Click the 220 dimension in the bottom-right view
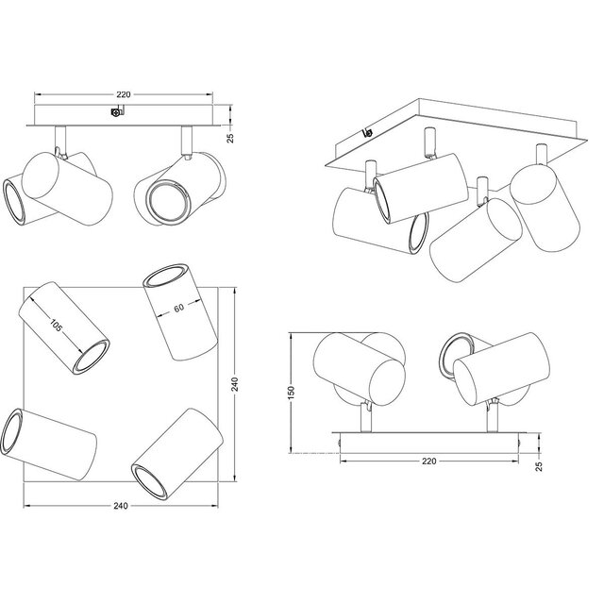click(x=428, y=461)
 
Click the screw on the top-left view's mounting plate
click(x=116, y=114)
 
